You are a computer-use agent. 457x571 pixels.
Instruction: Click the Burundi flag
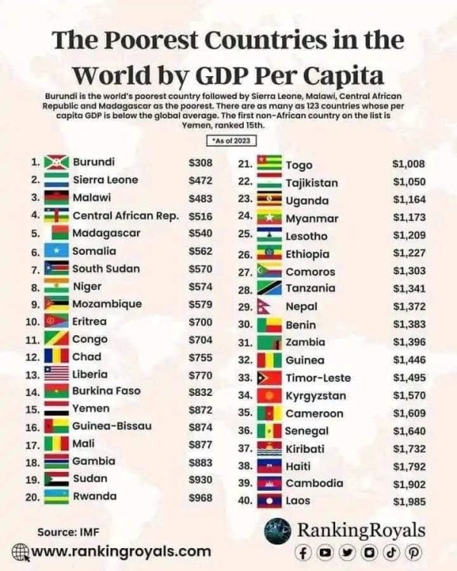click(x=56, y=162)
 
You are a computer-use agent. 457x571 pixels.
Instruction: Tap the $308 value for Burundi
click(x=200, y=162)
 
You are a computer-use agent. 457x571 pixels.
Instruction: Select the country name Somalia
click(x=94, y=251)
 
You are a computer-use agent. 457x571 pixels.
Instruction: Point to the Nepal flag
click(x=264, y=307)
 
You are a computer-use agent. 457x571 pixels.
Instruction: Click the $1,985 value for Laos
click(x=409, y=502)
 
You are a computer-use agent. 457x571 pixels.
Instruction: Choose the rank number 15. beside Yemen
click(x=33, y=410)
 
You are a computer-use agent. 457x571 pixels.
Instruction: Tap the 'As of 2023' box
click(x=232, y=141)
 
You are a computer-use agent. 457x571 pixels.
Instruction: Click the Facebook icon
click(x=303, y=553)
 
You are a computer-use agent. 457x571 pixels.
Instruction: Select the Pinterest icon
click(x=414, y=553)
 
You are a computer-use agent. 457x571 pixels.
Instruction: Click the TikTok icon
click(x=391, y=553)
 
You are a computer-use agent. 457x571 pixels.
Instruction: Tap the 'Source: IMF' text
click(x=68, y=532)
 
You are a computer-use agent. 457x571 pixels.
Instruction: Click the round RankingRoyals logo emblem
click(x=278, y=531)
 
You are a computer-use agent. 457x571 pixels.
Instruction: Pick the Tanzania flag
click(x=270, y=288)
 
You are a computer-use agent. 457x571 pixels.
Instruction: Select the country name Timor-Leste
click(x=318, y=378)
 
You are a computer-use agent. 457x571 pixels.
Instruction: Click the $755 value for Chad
click(x=200, y=357)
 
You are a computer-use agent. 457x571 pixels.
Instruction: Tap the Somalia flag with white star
click(x=56, y=250)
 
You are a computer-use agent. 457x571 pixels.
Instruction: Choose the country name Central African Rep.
click(x=126, y=216)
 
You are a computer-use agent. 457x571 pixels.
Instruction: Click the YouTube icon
click(x=325, y=553)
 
